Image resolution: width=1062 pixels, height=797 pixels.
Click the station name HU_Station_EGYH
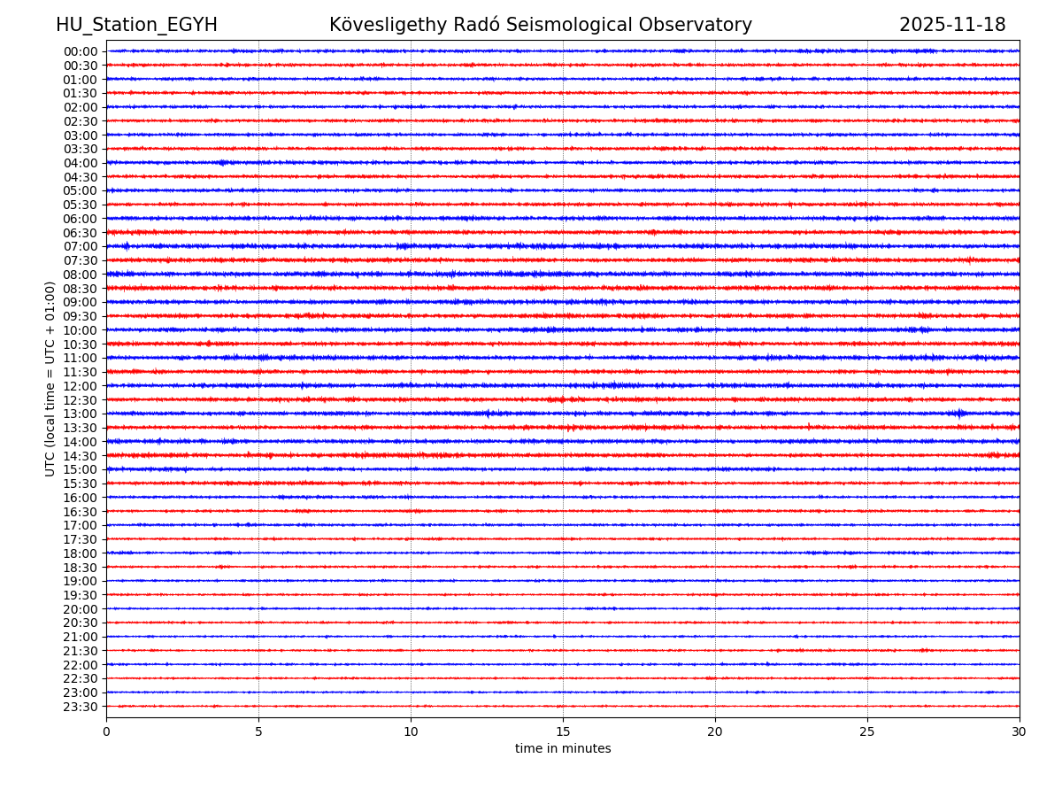136,25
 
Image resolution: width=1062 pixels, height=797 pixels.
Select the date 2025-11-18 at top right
952,25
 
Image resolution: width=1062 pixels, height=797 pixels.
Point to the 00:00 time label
81,51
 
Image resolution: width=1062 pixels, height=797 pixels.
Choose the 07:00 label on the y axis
81,246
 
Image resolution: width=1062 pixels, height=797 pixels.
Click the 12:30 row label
81,400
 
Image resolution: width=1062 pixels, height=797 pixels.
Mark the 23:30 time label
81,707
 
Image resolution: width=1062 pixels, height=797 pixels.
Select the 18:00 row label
81,553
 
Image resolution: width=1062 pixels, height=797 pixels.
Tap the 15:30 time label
81,484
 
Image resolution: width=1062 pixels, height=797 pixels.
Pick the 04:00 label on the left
81,163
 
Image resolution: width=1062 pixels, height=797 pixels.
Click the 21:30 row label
81,651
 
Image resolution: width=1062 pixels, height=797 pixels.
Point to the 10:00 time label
81,330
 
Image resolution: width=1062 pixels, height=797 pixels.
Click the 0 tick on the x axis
106,731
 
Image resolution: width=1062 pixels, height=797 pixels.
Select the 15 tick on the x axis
563,731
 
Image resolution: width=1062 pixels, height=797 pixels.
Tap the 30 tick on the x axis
1020,731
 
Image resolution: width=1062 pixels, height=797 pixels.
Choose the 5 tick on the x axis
258,731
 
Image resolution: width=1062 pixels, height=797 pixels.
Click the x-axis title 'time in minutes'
563,749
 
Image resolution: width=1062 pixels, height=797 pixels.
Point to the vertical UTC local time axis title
50,378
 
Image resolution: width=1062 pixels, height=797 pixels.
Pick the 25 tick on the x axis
867,731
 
